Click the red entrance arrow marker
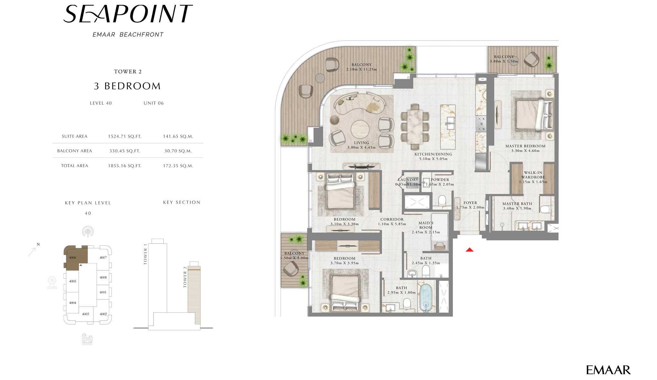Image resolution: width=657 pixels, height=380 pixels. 470,250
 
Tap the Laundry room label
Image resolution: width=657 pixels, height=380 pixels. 408,180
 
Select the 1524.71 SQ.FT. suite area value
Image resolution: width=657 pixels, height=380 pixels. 125,137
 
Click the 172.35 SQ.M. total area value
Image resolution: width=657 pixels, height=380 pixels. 178,166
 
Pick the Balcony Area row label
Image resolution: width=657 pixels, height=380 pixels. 74,151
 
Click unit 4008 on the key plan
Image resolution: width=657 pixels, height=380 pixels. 103,277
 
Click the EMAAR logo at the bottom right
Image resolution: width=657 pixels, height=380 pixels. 608,370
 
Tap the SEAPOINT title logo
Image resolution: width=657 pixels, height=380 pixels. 128,14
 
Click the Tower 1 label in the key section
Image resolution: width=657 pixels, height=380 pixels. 145,254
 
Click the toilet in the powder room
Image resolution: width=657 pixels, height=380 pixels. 442,200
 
